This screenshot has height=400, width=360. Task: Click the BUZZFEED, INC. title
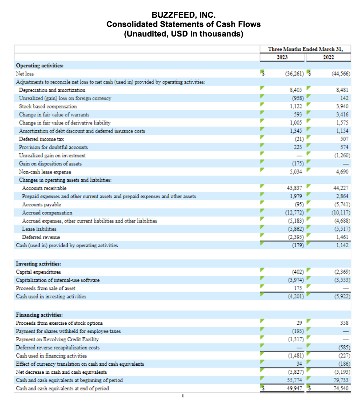click(x=183, y=15)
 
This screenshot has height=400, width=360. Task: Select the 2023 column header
click(x=282, y=57)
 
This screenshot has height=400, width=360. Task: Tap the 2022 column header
click(x=328, y=57)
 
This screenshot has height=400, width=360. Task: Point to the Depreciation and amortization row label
click(x=52, y=90)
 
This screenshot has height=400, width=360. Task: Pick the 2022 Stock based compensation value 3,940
click(x=342, y=106)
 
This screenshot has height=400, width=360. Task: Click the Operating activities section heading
click(x=40, y=65)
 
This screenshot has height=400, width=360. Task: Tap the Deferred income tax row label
click(x=41, y=139)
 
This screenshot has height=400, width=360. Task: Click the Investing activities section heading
click(x=39, y=264)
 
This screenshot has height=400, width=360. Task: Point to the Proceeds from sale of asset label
click(x=46, y=288)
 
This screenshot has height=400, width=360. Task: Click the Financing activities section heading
click(x=39, y=315)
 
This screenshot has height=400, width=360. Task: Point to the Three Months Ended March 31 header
click(x=305, y=49)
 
